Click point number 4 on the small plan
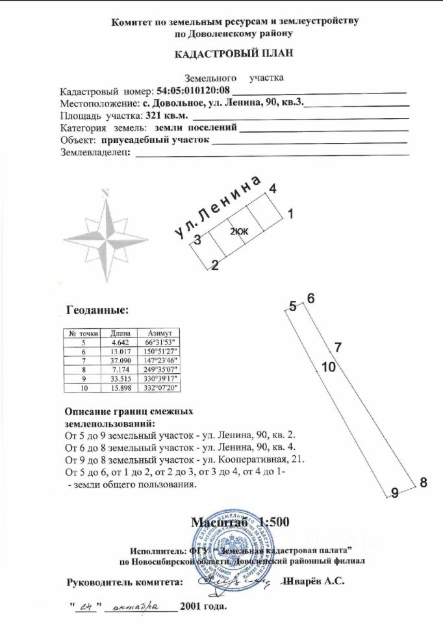[273, 188]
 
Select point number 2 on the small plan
[214, 265]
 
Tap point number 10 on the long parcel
[328, 367]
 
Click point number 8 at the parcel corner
[423, 482]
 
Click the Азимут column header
[159, 331]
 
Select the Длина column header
[121, 331]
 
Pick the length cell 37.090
[121, 359]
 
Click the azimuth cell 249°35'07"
[159, 369]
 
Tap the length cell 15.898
[121, 387]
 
